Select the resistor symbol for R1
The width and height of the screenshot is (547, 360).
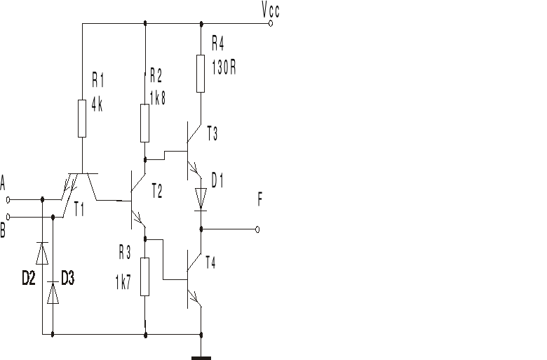pos(82,117)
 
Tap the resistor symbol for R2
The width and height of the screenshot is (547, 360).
pos(145,122)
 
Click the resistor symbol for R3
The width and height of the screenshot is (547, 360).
pos(145,276)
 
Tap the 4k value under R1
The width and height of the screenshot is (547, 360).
pos(97,107)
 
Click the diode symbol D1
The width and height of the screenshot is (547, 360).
pos(201,198)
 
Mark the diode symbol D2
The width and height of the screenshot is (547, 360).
pos(42,253)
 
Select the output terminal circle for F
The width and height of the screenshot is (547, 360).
pos(257,229)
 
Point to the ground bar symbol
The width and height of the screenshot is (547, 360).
pos(201,358)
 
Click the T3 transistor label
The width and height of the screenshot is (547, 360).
pos(212,134)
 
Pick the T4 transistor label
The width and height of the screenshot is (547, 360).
pos(211,262)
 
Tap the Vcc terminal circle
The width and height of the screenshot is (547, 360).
pos(271,23)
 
